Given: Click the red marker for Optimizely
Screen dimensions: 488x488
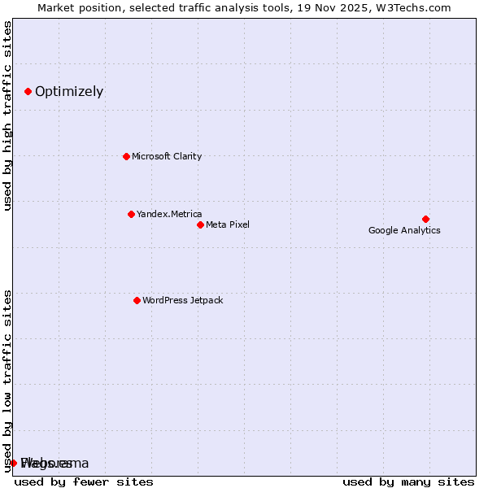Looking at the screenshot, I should [x=28, y=91].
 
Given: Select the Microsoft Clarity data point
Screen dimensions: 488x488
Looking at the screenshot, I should [x=126, y=156].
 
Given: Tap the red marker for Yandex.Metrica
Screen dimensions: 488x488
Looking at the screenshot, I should [x=131, y=214].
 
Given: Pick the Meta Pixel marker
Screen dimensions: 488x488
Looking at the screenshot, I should [x=200, y=224].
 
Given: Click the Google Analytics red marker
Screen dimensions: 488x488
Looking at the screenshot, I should [x=425, y=219].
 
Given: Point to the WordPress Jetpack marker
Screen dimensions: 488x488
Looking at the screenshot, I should [x=137, y=300].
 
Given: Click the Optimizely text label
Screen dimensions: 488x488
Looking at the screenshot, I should [x=69, y=91].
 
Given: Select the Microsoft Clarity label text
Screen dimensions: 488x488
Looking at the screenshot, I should [x=167, y=156].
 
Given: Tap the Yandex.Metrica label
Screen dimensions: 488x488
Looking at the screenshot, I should [x=169, y=214].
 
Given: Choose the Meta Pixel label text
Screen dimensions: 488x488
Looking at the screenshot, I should [x=228, y=224].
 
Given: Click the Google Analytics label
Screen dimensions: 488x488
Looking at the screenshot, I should [x=404, y=230].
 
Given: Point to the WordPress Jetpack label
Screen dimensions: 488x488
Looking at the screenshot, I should [x=182, y=300].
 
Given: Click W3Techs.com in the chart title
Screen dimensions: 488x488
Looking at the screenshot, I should [x=417, y=7].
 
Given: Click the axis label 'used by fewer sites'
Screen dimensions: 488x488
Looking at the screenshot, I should [x=84, y=481].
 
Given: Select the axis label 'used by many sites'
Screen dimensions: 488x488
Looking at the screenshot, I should [x=407, y=481].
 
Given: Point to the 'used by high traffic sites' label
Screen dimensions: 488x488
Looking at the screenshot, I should [x=8, y=115].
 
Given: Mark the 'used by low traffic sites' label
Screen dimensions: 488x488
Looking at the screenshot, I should [x=8, y=379].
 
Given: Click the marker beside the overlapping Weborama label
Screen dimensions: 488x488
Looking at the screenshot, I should [x=13, y=463].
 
